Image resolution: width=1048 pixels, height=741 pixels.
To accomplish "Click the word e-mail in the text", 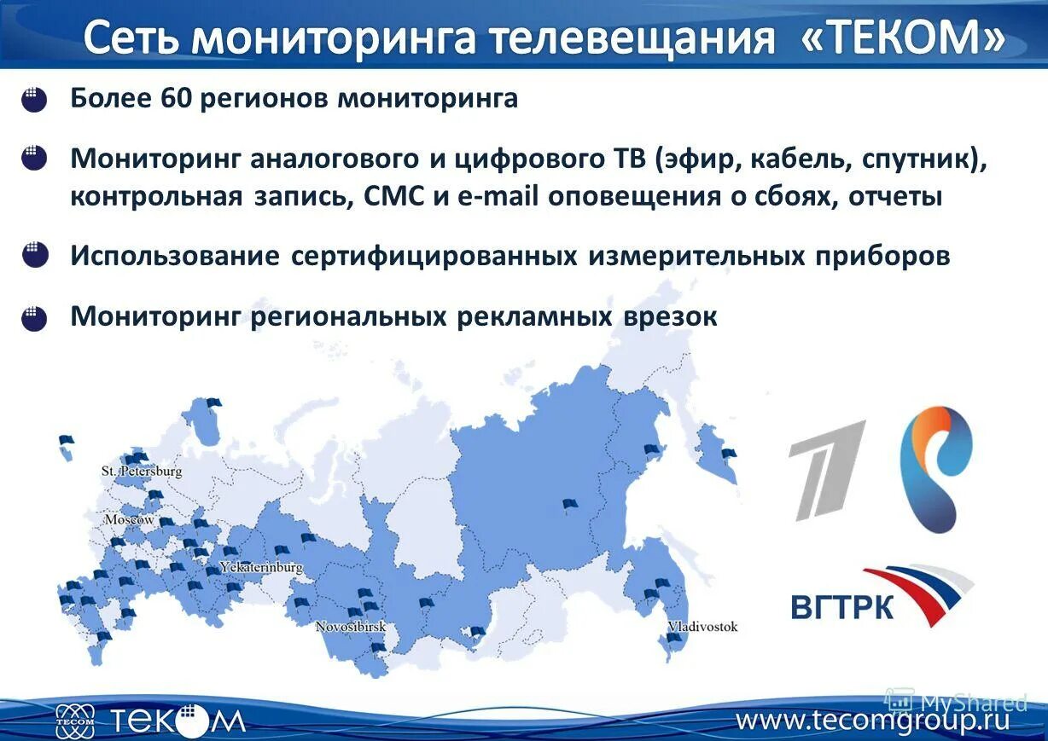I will [x=497, y=197].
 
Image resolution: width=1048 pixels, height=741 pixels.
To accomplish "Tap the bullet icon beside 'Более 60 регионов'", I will [x=34, y=101].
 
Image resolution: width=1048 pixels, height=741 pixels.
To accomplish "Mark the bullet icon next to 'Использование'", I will [x=35, y=257].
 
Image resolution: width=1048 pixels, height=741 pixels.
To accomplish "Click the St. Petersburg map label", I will [x=141, y=471].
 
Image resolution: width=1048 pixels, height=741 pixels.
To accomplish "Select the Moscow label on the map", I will [x=129, y=519].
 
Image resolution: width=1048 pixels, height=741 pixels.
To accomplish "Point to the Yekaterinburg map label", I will [x=261, y=567].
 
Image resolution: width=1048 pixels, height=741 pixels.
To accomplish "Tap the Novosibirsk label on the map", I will [x=350, y=627].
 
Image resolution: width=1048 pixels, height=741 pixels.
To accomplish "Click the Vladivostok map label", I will [x=702, y=627].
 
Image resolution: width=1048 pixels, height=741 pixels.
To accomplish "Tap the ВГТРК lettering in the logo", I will [x=841, y=607].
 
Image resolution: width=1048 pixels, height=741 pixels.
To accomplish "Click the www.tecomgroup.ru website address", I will [x=872, y=721].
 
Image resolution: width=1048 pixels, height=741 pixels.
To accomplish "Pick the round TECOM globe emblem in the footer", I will [x=75, y=721].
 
